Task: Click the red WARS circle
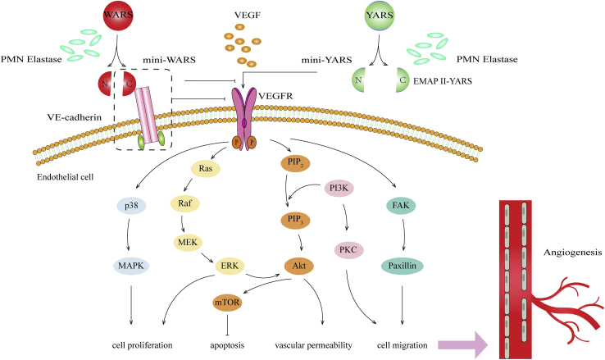pos(118,16)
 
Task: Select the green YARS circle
pos(380,16)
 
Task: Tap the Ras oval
pos(206,168)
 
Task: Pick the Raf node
pos(184,203)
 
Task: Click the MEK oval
pos(188,243)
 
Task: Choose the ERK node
pos(230,266)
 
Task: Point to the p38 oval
pos(131,206)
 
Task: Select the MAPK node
pos(131,266)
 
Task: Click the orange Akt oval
pos(299,266)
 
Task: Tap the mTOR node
pos(227,302)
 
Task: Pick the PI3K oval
pos(339,189)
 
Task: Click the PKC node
pos(348,249)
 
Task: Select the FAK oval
pos(401,205)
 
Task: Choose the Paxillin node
pos(403,266)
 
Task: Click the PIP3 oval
pos(296,220)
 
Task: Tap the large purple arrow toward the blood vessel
pos(463,344)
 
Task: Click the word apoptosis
pos(227,345)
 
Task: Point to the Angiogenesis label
pos(572,253)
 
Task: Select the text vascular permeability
pos(313,345)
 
